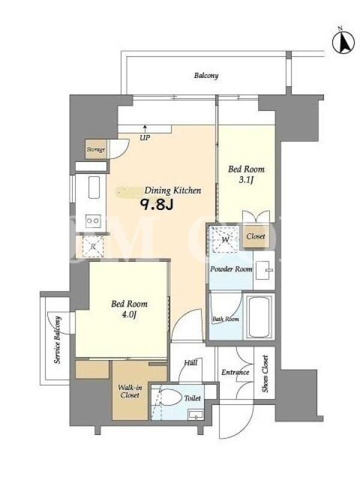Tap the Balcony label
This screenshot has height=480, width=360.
[206, 76]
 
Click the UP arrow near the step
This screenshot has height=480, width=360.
[145, 128]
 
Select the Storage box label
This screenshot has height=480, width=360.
[96, 149]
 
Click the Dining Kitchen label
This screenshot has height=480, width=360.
[173, 190]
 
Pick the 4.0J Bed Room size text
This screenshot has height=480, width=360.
[129, 314]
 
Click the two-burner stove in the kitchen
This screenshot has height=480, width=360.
[93, 220]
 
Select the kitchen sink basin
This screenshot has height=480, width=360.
[94, 187]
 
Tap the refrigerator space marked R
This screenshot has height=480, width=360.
[93, 247]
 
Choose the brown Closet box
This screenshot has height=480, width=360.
[256, 236]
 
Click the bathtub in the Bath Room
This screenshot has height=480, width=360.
[259, 317]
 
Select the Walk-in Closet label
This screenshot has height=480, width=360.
[130, 391]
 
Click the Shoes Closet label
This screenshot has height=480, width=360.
[265, 373]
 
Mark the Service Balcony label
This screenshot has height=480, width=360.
[57, 340]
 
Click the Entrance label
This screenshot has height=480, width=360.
[235, 372]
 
